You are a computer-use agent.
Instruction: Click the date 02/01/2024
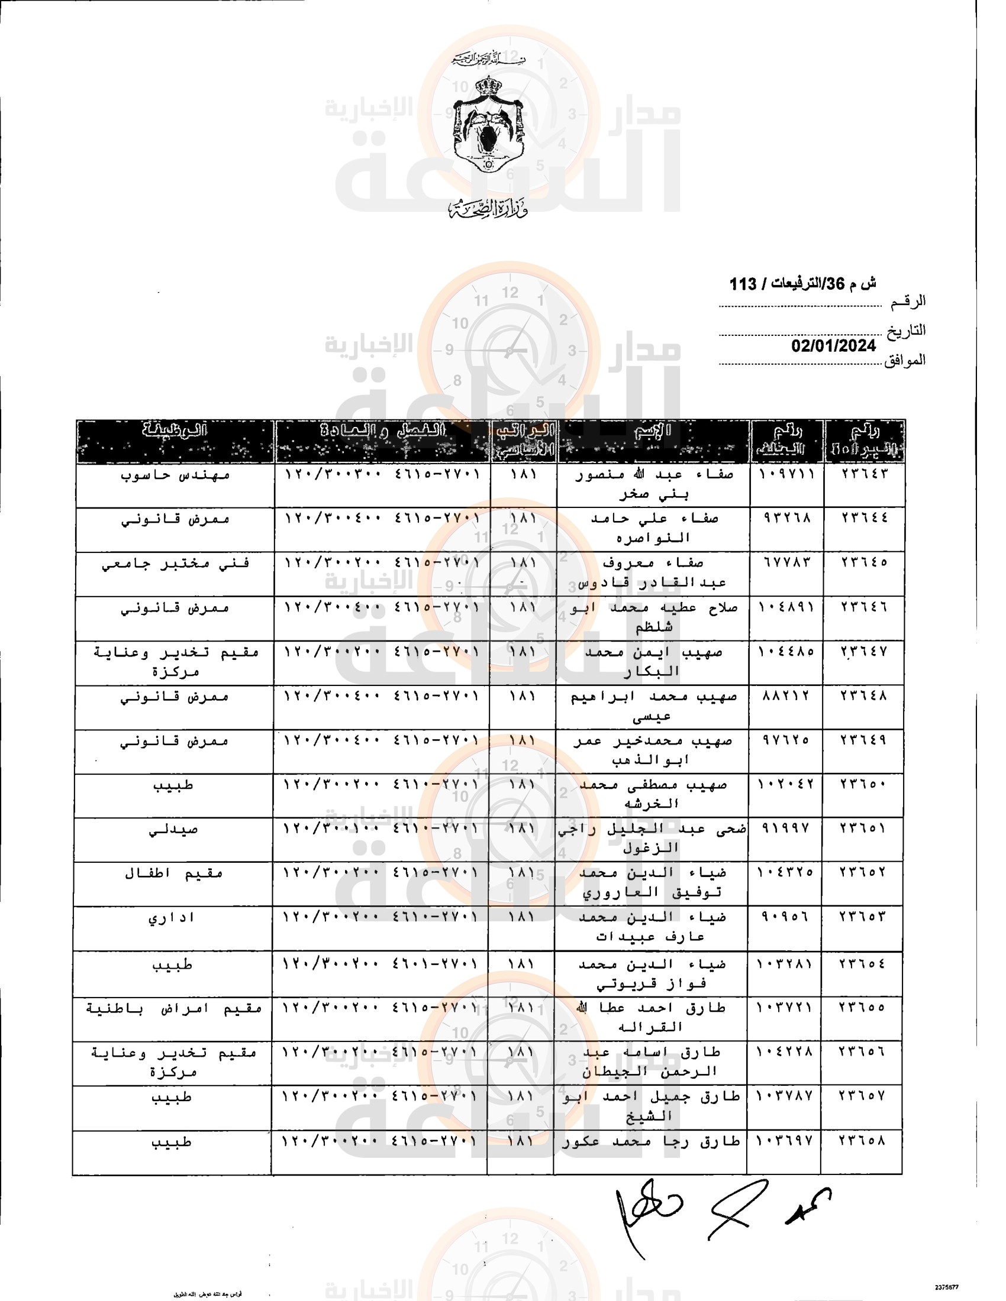[x=833, y=345]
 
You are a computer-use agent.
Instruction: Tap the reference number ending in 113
[x=802, y=283]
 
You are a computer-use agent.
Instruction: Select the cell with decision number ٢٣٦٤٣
[x=864, y=474]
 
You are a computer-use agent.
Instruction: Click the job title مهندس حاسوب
[x=175, y=475]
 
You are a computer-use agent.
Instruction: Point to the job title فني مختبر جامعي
[x=175, y=564]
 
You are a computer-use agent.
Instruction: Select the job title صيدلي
[x=173, y=829]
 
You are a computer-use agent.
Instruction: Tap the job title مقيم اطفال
[x=173, y=873]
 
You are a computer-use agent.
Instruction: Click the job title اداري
[x=172, y=918]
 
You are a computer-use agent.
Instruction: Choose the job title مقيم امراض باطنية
[x=173, y=1008]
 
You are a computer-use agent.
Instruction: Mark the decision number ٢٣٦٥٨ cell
[x=862, y=1141]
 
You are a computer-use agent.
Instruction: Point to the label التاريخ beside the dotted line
[x=905, y=331]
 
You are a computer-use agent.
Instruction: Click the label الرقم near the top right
[x=908, y=302]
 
